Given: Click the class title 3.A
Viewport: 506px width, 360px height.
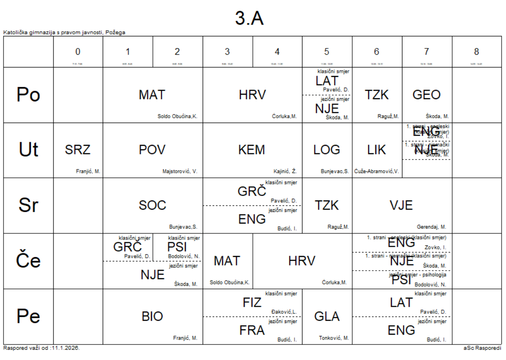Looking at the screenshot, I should tap(249, 18).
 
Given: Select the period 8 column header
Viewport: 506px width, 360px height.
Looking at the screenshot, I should tap(476, 52).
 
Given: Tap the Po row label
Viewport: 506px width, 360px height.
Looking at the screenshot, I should tap(28, 95).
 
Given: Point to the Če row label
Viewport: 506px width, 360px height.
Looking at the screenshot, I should tap(28, 261).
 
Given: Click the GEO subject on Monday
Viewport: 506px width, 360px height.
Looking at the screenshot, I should tap(426, 95).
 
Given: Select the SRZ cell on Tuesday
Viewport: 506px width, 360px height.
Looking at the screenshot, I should tap(78, 150).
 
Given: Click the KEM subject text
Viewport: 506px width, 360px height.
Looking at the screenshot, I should tap(251, 150).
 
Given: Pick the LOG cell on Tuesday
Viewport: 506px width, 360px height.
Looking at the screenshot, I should tap(327, 150).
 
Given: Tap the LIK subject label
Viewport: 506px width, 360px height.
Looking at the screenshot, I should tap(377, 150).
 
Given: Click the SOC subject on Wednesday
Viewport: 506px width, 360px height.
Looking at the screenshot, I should tap(152, 205).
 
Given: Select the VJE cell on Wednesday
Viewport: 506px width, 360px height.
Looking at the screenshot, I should tap(401, 205).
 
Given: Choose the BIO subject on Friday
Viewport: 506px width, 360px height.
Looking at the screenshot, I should tap(152, 316).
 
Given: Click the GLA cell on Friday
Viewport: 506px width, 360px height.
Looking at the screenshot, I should tap(327, 316).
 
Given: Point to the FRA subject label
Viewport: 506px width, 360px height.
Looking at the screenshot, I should tap(252, 330).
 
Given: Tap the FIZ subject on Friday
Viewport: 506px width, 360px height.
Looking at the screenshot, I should tap(252, 303).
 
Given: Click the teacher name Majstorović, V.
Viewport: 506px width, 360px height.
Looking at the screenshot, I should tap(179, 171).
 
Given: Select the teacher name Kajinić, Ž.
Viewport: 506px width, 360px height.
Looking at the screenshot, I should tap(285, 171).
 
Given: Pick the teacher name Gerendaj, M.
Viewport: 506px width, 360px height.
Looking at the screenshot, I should tap(431, 227).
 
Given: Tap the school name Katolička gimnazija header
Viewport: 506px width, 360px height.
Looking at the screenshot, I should tap(64, 32).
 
